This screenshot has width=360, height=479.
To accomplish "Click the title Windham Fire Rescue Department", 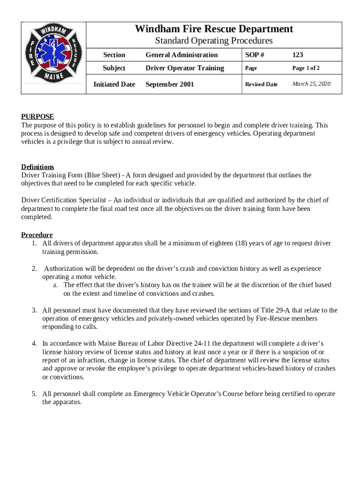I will coord(214,29).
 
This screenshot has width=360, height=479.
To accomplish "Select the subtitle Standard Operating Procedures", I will coord(214,41).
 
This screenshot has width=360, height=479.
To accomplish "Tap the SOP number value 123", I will coord(298,55).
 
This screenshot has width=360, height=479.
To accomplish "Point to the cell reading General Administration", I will coord(181,55).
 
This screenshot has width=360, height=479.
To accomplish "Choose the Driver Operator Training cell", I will coord(185,68).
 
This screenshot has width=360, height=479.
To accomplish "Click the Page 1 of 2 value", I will coord(306,68).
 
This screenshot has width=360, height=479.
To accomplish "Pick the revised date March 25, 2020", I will coord(311,84).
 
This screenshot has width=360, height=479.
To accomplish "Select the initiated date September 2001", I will coord(169,85).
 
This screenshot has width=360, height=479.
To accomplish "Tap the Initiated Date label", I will coord(114,85).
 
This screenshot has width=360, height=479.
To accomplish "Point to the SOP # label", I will coord(254,55).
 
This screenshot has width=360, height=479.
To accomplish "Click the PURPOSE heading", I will coord(37,116).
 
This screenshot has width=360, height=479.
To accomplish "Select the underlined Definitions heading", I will coord(37,167).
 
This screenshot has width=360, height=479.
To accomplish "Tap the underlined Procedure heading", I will coord(36,235).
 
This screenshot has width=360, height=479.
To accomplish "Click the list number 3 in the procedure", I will coord(34,310).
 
